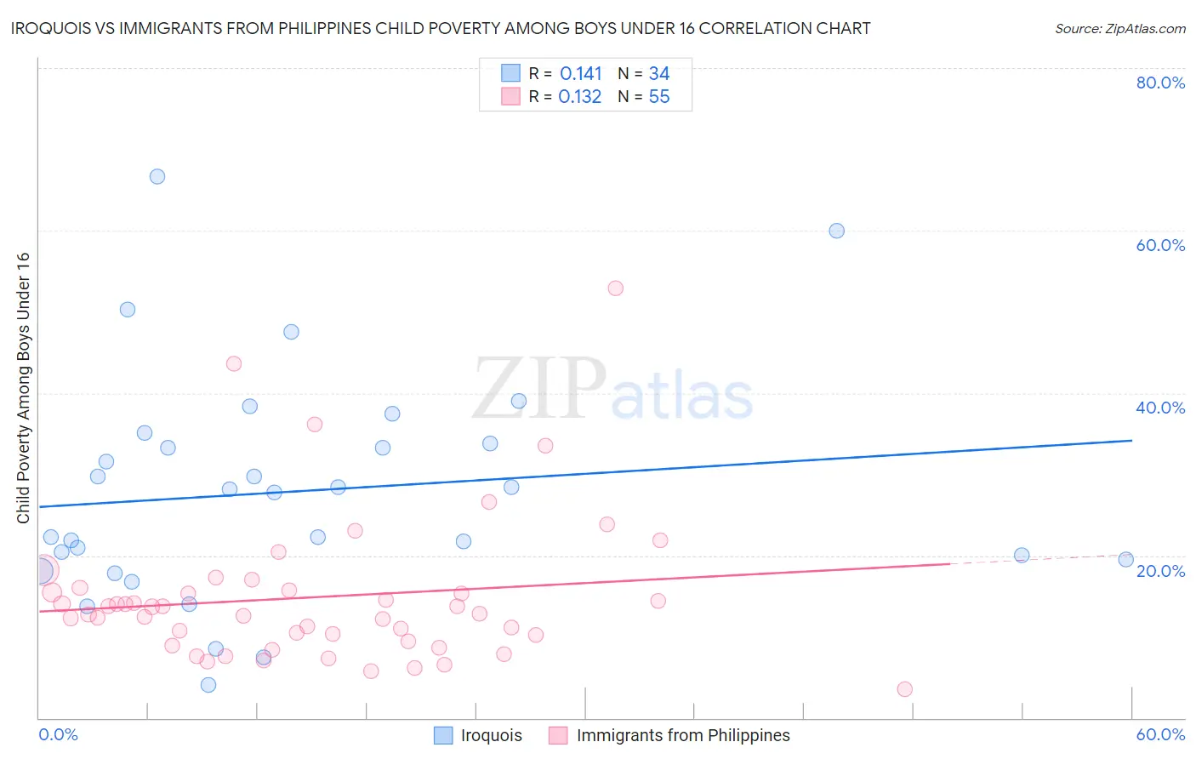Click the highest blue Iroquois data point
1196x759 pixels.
(157, 177)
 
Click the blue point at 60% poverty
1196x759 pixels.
(836, 231)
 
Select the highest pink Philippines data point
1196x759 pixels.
(615, 288)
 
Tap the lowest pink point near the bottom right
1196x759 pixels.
(904, 689)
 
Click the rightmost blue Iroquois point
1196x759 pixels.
(1125, 559)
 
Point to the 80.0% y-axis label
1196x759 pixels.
(1160, 83)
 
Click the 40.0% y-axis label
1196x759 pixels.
(1160, 408)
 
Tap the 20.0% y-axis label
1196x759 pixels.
(1160, 571)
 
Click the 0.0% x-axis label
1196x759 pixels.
(58, 734)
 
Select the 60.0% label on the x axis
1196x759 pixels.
(1160, 734)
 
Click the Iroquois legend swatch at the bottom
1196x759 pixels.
(443, 735)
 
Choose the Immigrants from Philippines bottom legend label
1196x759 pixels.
(683, 735)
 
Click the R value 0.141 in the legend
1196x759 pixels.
(580, 74)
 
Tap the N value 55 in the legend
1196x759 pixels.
(659, 97)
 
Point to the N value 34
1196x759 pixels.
(659, 74)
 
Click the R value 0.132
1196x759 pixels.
(580, 97)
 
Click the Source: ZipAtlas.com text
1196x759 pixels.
(1119, 29)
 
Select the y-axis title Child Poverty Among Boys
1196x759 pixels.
(24, 388)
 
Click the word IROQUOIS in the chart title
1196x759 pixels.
(51, 29)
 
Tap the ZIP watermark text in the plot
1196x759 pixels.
(539, 388)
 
